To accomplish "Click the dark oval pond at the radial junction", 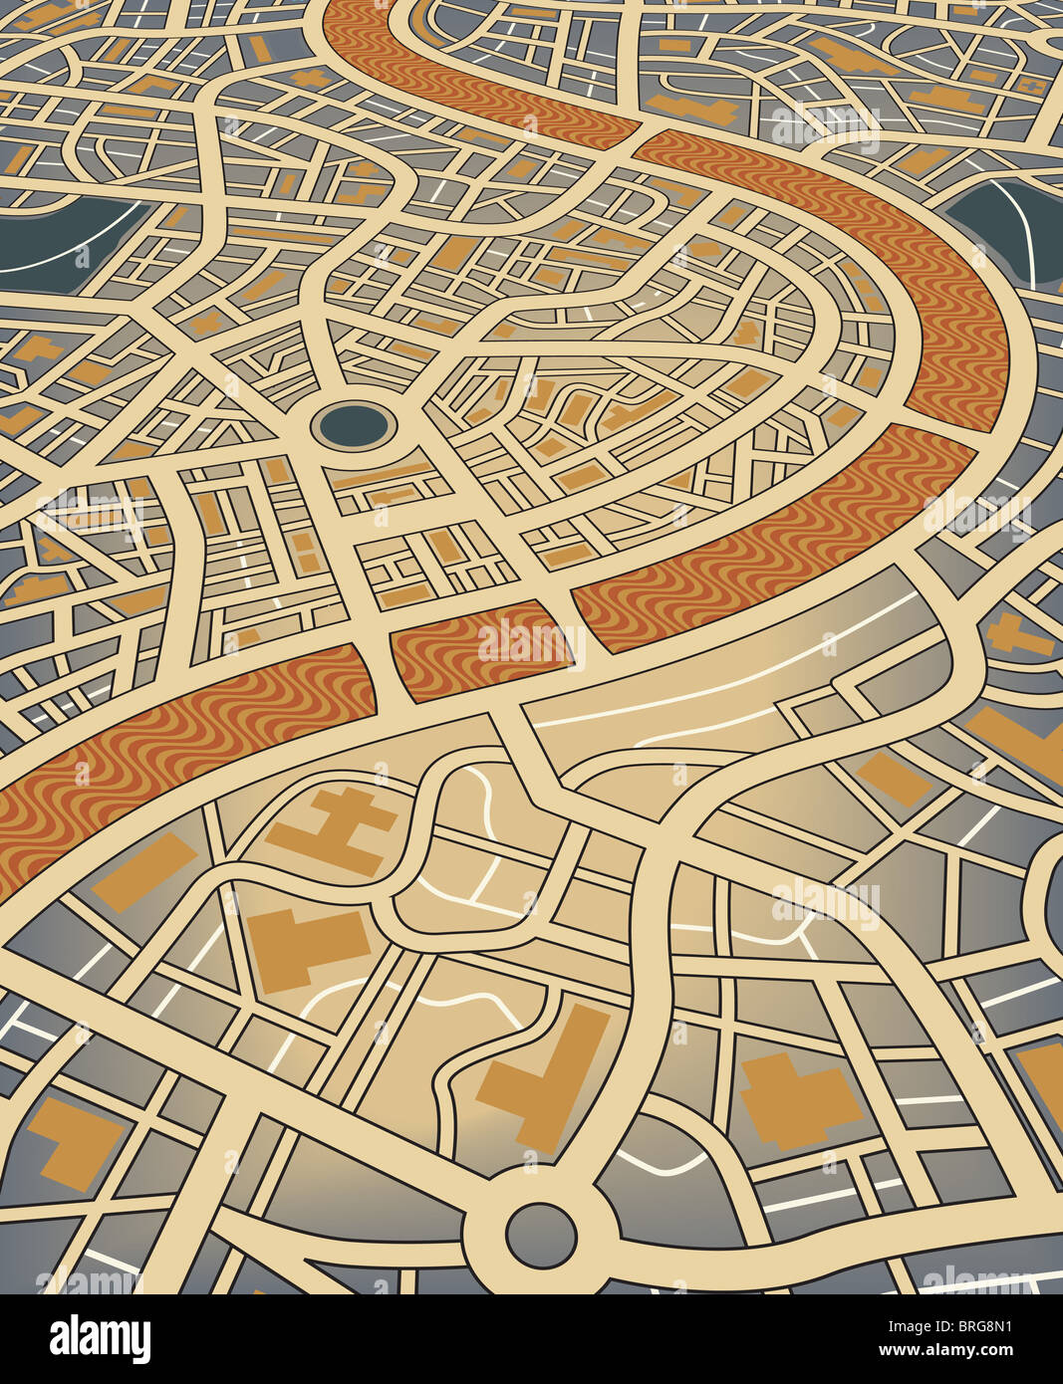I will pyautogui.click(x=354, y=426).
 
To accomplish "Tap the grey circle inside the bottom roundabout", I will pyautogui.click(x=540, y=1235).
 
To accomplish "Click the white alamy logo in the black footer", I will pyautogui.click(x=100, y=1339).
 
